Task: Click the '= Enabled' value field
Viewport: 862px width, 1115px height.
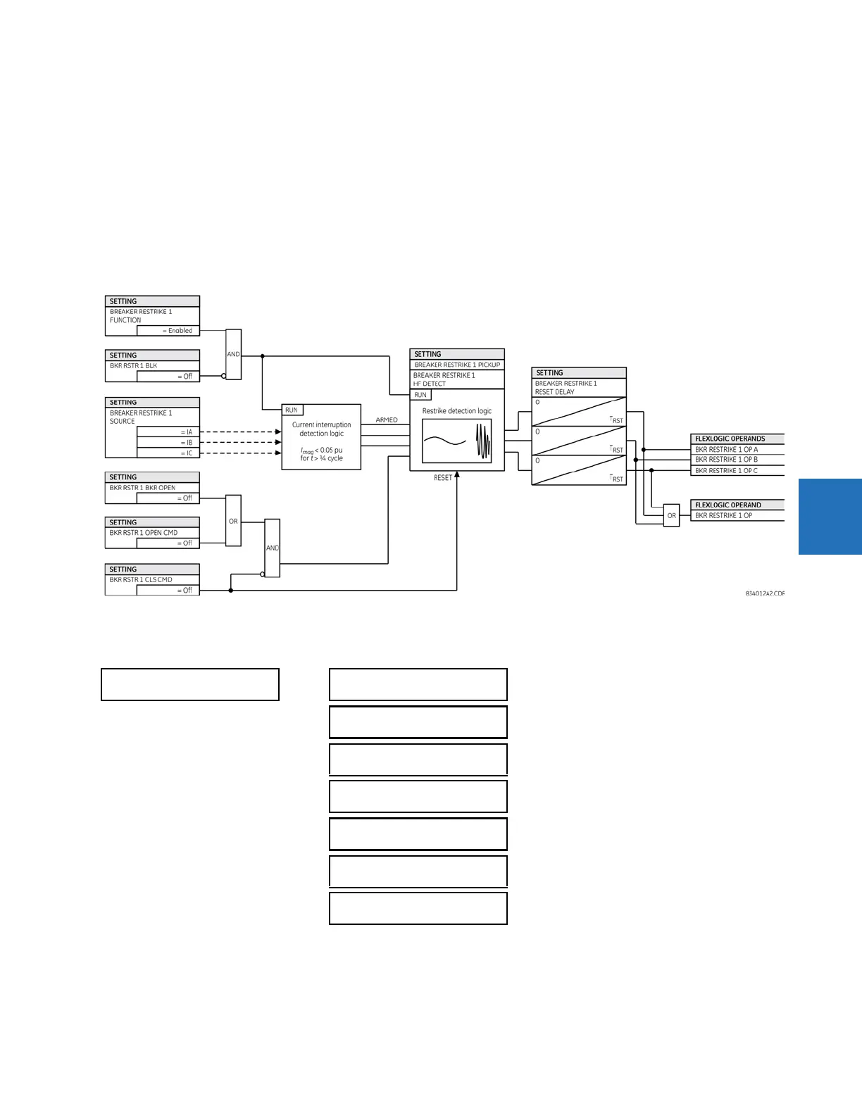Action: (168, 330)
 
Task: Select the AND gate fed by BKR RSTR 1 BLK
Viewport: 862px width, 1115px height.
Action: (233, 354)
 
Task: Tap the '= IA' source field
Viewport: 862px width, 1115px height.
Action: (168, 432)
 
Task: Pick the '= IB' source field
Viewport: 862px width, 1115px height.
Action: (168, 443)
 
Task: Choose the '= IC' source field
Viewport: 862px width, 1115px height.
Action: (168, 453)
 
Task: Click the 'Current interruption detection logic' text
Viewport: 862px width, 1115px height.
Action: (321, 429)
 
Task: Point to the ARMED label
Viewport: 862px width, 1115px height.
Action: (387, 420)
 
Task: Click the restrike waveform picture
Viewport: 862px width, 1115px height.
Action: (456, 441)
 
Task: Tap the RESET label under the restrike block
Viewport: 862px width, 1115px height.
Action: (443, 478)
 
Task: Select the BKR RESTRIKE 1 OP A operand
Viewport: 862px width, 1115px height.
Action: (727, 449)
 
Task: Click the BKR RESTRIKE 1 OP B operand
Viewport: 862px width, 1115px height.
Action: (727, 460)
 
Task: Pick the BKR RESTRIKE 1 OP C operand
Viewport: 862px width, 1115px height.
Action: (727, 470)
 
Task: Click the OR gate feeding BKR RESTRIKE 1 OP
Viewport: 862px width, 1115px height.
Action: (671, 515)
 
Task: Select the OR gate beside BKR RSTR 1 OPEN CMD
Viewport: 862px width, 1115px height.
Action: (233, 521)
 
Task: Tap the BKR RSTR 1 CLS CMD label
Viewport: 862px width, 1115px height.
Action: (141, 579)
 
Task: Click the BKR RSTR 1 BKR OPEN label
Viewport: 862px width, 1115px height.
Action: (142, 487)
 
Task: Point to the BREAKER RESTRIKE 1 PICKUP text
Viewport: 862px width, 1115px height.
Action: (457, 365)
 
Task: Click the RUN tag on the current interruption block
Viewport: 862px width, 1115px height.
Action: (292, 410)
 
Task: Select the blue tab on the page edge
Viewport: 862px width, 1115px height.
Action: (830, 516)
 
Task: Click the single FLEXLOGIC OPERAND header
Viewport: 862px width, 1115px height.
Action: (728, 505)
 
